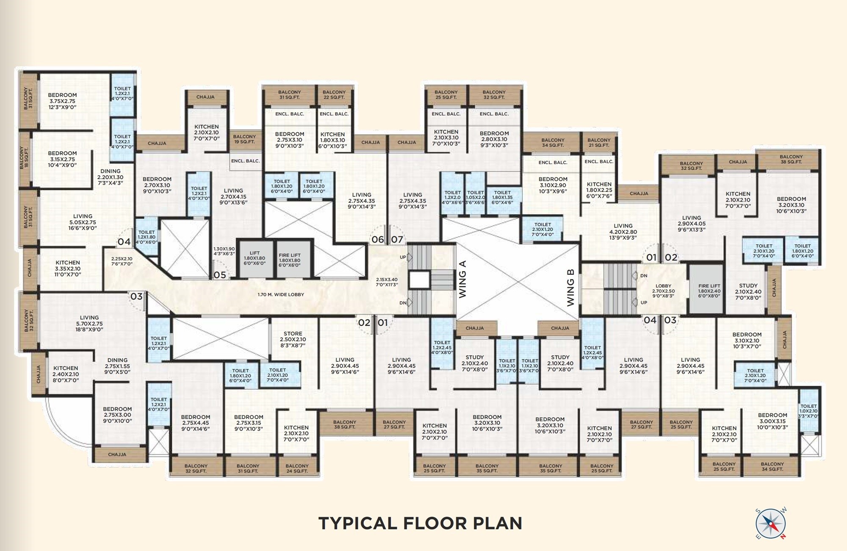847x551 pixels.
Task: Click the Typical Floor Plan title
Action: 420,523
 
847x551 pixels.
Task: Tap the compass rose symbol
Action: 770,523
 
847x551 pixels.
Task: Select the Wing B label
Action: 570,286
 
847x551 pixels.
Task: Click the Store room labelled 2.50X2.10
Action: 293,339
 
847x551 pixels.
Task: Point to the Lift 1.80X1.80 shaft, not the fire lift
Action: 255,259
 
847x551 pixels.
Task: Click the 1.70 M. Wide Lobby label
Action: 281,294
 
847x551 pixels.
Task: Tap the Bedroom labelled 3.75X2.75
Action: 62,101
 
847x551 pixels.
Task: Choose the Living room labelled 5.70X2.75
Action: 89,323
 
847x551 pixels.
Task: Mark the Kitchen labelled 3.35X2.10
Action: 68,269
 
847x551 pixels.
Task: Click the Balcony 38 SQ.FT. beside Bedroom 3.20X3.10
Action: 791,159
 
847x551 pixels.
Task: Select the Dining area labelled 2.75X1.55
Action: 117,366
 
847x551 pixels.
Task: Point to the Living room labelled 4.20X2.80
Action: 623,232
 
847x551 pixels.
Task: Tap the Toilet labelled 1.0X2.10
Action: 808,411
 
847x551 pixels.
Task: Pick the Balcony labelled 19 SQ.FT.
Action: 244,139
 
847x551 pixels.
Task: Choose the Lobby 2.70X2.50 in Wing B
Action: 663,291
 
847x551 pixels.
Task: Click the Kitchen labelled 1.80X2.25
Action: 599,190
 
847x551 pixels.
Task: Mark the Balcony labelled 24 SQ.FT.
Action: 297,468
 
